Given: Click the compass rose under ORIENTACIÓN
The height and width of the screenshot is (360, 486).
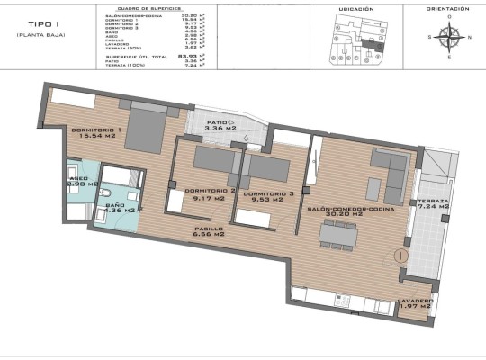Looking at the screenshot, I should click(451, 37).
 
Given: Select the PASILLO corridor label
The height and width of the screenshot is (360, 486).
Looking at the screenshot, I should click(208, 229).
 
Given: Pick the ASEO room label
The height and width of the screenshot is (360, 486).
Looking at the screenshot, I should click(77, 178).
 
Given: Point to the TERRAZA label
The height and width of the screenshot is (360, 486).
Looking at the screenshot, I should click(434, 200).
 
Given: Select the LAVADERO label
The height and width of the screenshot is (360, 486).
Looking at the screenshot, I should click(415, 301).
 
